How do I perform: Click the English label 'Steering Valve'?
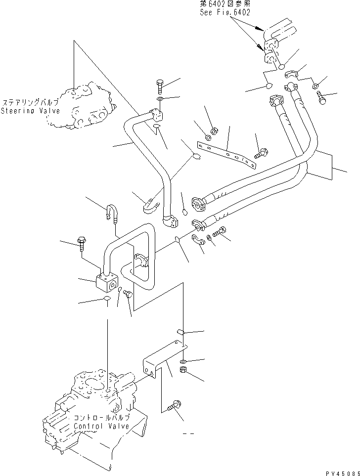pos(30,111)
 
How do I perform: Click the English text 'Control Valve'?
pos(101,426)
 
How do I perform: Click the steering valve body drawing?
pos(85,106)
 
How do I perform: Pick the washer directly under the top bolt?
pos(159,99)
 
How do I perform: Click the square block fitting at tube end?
pos(107,284)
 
